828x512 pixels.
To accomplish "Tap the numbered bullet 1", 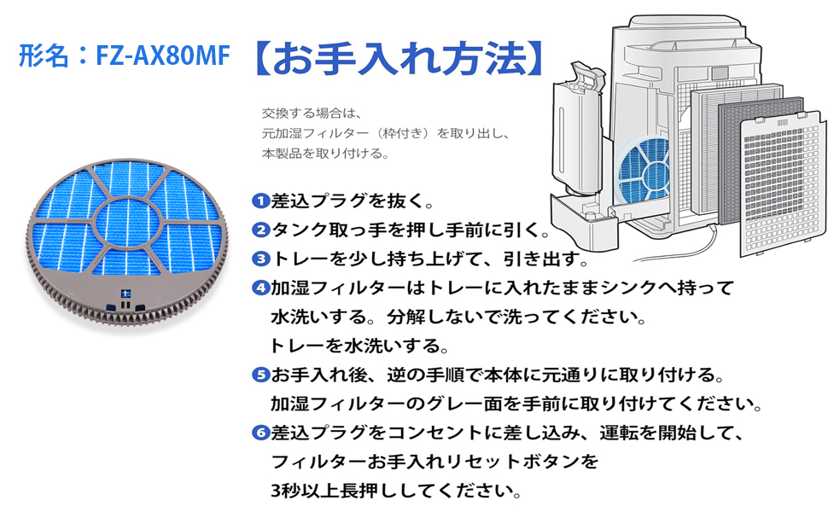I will tap(260, 202).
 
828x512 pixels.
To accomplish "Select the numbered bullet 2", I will tap(260, 230).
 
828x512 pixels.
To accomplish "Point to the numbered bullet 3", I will tap(260, 259).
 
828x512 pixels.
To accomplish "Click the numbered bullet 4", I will tap(260, 288).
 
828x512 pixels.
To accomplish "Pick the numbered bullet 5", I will tap(260, 375).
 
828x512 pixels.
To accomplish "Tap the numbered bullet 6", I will tap(260, 433).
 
